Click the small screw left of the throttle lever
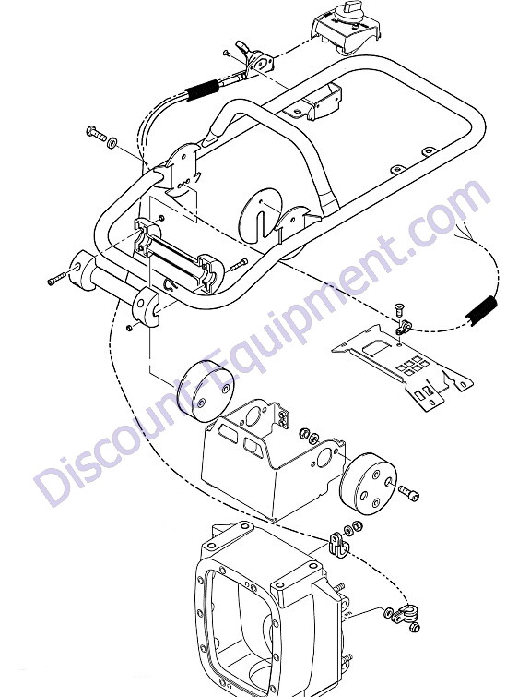[227, 53]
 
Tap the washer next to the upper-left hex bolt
[112, 143]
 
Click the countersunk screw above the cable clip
[397, 310]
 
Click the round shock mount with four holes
[370, 484]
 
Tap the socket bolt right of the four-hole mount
[408, 493]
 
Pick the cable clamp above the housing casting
[337, 544]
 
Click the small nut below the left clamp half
[129, 328]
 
